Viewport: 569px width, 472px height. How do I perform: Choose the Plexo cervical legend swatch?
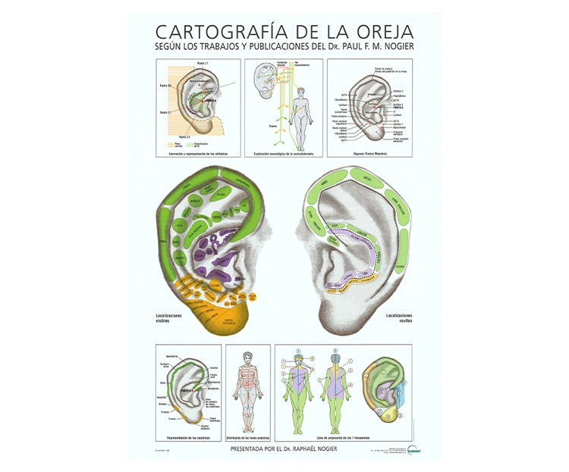[169, 142]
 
